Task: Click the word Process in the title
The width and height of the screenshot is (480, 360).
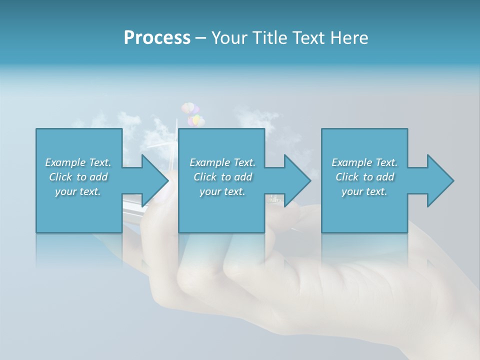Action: tap(157, 38)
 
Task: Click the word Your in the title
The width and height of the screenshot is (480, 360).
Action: tap(228, 38)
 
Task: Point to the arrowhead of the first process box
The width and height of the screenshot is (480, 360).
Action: tap(155, 180)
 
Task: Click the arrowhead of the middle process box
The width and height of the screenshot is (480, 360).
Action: tap(297, 180)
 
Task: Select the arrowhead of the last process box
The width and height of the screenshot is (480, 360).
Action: tap(440, 180)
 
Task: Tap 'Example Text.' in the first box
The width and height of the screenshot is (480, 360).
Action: tap(78, 162)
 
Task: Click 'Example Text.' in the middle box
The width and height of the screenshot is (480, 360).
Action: tap(222, 162)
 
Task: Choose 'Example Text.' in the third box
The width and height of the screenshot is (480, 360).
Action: tap(364, 162)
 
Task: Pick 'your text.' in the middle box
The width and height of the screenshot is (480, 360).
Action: tap(222, 191)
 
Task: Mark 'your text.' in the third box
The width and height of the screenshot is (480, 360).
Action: tap(364, 191)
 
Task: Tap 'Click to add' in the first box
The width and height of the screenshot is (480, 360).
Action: tap(78, 177)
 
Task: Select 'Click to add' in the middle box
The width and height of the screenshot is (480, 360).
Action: tap(222, 177)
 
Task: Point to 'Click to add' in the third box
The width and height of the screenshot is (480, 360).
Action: tap(364, 177)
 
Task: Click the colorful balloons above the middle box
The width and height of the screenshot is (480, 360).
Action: tap(192, 114)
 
